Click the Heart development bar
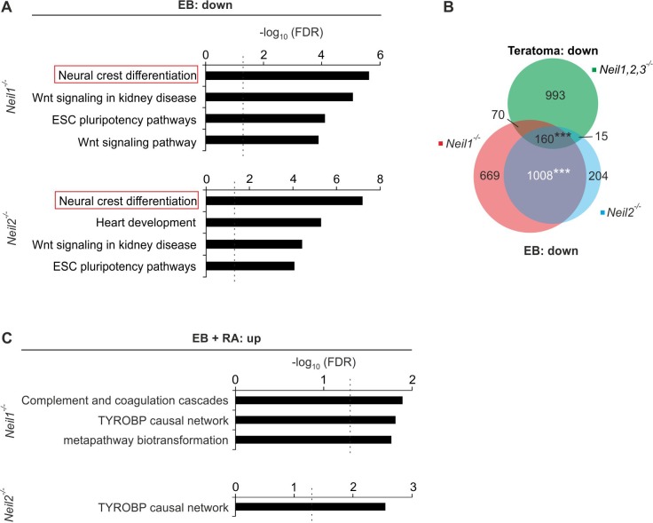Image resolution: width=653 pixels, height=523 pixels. click(264, 222)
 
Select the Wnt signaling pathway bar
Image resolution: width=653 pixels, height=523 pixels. click(263, 139)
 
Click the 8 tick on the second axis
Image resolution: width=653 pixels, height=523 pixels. click(379, 180)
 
